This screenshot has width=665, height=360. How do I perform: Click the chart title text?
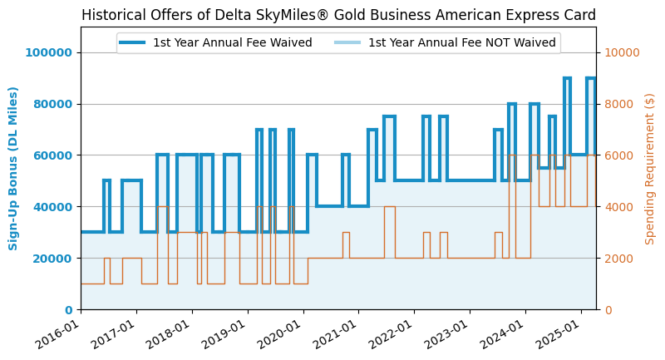(338, 15)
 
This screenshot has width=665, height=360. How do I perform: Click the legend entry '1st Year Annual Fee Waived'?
(232, 43)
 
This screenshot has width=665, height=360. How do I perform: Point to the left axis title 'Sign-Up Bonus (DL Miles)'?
(13, 168)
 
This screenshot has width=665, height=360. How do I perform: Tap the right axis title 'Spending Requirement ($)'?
(650, 168)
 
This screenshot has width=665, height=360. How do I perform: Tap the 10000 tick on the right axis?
(621, 52)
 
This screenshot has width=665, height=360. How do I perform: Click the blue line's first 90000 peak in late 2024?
(567, 79)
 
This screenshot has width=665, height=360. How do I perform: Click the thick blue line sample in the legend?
(133, 43)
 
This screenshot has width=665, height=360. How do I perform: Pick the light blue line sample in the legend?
(348, 43)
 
